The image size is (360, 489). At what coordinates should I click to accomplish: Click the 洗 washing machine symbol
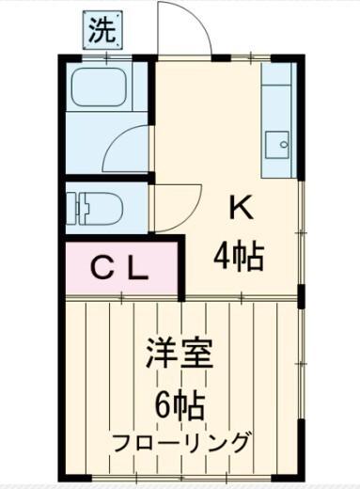104,29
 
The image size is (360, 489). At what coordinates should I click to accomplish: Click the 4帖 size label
240,253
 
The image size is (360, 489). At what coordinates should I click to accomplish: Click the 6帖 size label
180,405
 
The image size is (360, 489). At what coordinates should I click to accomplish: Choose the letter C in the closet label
100,269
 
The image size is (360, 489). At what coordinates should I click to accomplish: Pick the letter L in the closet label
137,269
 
